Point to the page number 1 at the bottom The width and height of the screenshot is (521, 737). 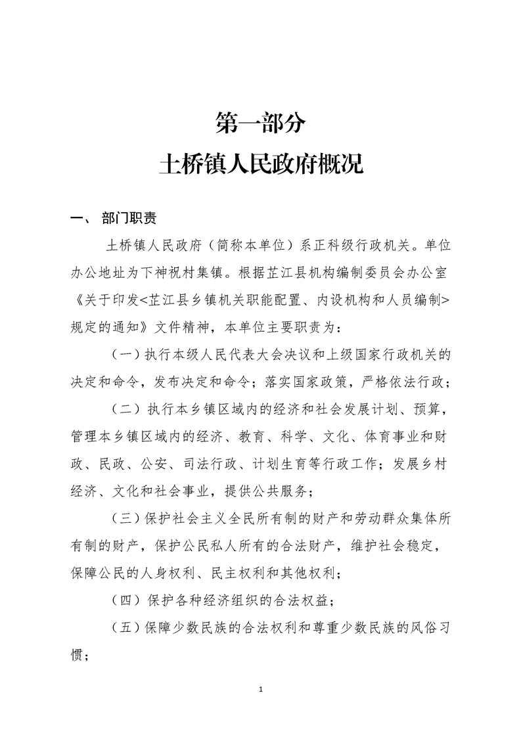261,690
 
